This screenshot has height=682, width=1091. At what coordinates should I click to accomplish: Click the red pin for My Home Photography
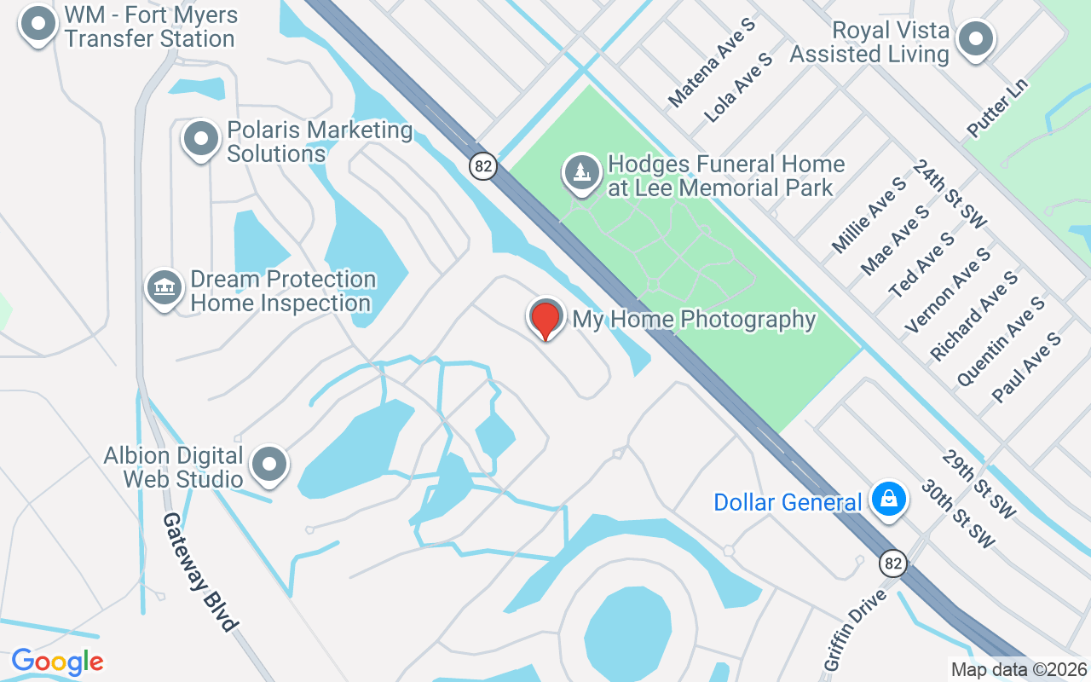click(545, 320)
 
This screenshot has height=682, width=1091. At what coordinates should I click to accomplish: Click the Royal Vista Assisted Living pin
click(976, 38)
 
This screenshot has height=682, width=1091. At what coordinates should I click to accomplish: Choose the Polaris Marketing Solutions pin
click(201, 138)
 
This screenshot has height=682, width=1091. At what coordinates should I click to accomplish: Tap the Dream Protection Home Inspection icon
click(165, 288)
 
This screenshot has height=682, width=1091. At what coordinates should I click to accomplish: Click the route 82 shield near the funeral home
click(483, 165)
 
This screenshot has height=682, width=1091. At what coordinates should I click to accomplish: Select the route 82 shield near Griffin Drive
click(893, 564)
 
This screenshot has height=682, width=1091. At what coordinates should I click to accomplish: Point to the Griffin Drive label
click(855, 627)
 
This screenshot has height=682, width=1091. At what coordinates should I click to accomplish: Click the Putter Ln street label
click(998, 108)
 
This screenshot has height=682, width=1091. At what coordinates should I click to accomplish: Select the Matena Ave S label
click(712, 63)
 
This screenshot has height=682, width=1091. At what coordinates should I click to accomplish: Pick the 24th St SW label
click(950, 194)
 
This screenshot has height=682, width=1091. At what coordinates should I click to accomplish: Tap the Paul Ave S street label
click(1026, 367)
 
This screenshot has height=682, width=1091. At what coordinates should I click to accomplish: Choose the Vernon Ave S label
click(948, 291)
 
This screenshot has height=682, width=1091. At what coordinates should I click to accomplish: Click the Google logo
click(57, 662)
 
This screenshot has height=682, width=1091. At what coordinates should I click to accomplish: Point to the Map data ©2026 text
click(1019, 670)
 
